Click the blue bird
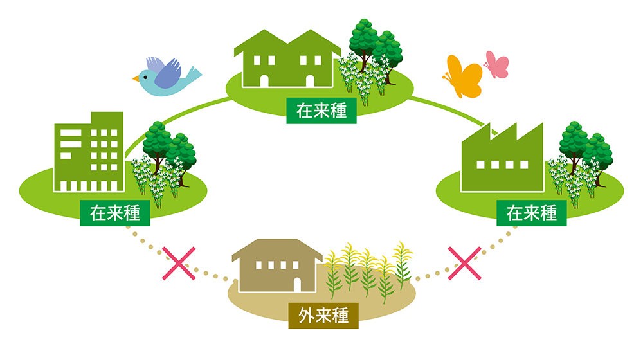tap(166, 75)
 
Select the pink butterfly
tap(496, 65)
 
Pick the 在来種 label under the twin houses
tap(321, 111)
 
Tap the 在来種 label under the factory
tap(532, 213)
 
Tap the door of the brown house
tap(298, 283)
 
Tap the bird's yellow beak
tap(136, 79)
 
